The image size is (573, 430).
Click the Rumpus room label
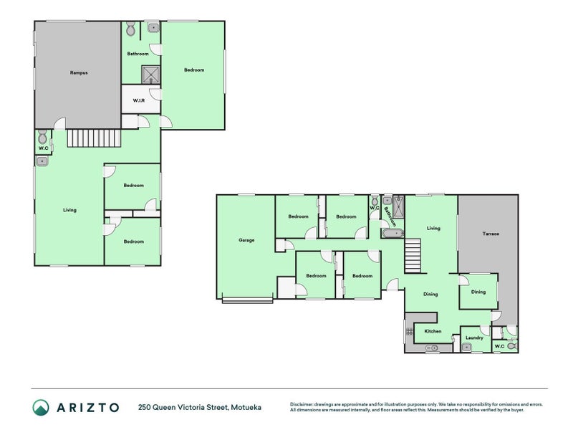[79, 73]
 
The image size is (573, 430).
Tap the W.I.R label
[138, 100]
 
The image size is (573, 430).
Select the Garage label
[246, 240]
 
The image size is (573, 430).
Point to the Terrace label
[491, 234]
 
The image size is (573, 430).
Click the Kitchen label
[433, 331]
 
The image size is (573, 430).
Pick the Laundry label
[474, 338]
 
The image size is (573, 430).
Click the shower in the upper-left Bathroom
[150, 75]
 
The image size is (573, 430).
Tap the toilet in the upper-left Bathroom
[130, 28]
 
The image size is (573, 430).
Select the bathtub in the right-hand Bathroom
[393, 233]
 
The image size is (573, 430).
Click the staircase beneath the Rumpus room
[94, 138]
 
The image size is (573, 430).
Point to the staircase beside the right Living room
[413, 256]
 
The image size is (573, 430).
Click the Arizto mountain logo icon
[41, 407]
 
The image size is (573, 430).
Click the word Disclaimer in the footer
[302, 404]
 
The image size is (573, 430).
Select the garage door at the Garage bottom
[247, 300]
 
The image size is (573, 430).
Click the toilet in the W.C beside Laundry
[512, 346]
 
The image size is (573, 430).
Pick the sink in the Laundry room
[466, 347]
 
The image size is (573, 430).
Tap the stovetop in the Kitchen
[409, 332]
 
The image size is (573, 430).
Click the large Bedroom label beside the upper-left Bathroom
[194, 70]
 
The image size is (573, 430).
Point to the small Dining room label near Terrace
[478, 292]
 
